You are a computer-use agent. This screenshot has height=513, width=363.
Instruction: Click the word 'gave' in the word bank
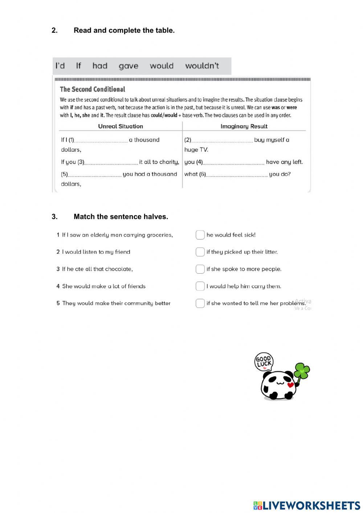(129, 66)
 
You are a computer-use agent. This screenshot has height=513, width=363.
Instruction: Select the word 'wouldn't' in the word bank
(202, 66)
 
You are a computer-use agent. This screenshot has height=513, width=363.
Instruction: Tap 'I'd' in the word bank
(60, 66)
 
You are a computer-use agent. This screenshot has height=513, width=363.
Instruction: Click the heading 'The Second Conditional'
(93, 89)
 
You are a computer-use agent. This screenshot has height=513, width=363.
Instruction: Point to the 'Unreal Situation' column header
(121, 126)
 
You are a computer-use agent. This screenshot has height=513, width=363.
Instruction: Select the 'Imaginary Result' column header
(244, 126)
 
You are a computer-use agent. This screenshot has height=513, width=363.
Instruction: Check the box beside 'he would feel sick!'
(200, 235)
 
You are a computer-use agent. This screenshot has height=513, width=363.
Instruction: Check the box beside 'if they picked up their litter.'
(200, 252)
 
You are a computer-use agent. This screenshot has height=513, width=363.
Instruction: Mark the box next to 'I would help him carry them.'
(200, 286)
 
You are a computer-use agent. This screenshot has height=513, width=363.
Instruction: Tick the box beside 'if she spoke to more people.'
(200, 269)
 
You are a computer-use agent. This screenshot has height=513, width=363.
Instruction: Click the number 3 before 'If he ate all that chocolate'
(58, 269)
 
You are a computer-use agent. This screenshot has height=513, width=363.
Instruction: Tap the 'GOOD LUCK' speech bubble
(264, 362)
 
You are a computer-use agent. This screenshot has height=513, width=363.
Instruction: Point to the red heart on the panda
(290, 385)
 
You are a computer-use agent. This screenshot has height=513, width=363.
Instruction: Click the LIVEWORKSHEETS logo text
(311, 505)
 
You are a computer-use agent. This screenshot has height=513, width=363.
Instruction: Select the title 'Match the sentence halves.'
(121, 217)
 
